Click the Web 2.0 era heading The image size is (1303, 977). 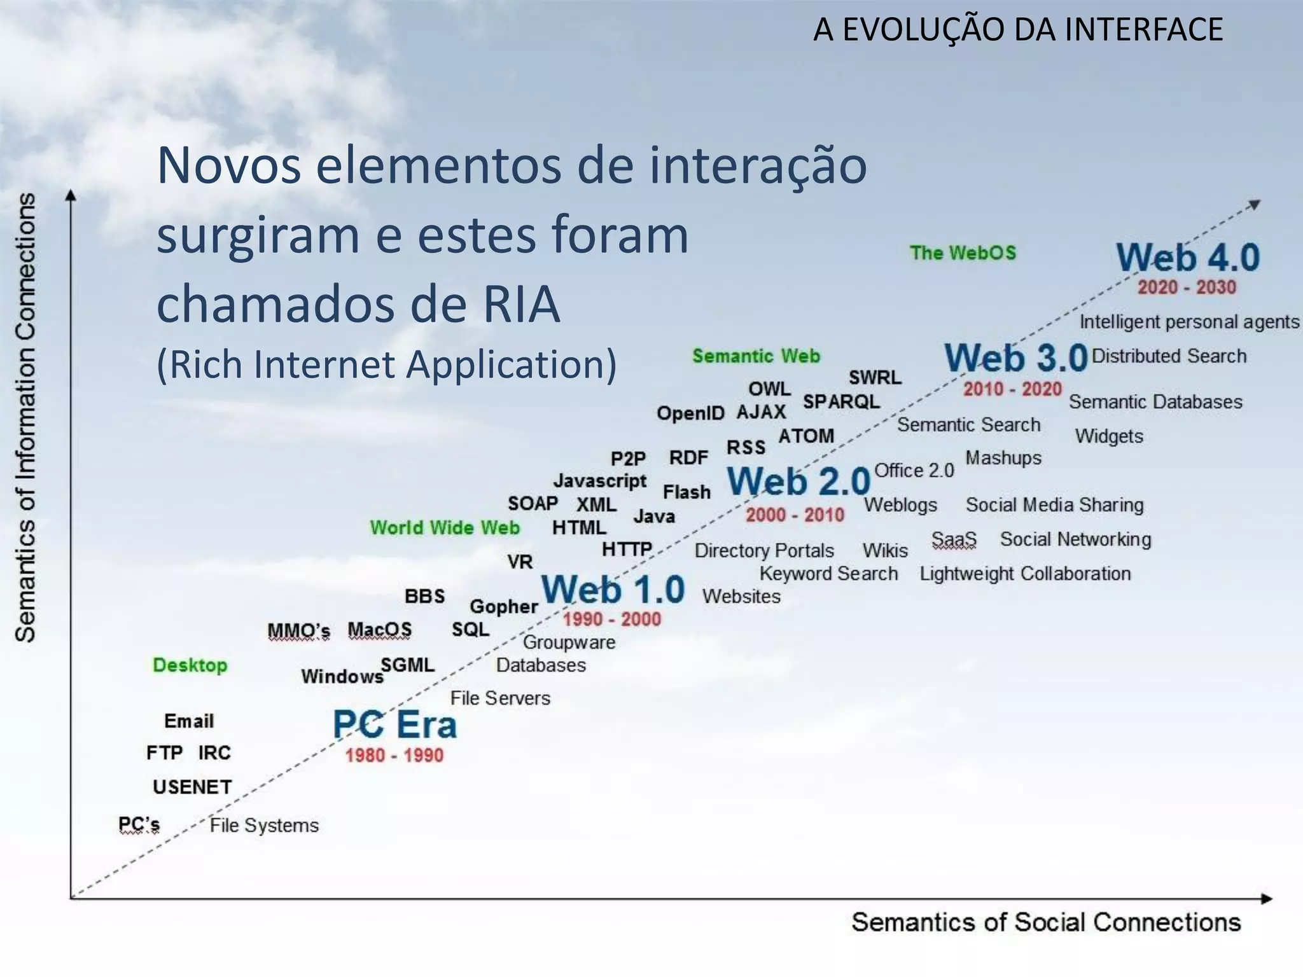tap(798, 482)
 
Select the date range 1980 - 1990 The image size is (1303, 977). tap(394, 755)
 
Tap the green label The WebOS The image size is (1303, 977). tap(963, 253)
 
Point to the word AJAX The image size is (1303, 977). tap(761, 412)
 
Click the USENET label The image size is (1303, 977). tap(192, 787)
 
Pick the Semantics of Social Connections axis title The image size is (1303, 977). tap(1046, 922)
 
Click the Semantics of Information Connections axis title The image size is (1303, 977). tap(25, 417)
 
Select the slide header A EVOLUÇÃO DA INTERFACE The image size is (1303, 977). tap(1018, 30)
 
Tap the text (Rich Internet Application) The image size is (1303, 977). tap(386, 364)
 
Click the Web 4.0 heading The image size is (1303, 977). tap(1188, 258)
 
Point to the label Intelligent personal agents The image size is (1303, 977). tap(1189, 322)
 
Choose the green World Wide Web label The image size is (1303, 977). tap(445, 527)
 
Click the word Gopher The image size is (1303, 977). tap(504, 607)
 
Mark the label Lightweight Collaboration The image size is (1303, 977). tap(1025, 574)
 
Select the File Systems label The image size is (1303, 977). tap(264, 825)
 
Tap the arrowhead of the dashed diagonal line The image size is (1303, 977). tap(1253, 205)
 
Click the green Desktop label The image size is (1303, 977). tap(190, 665)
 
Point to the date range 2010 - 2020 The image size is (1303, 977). tap(1012, 389)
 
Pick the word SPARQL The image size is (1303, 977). tap(841, 402)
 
